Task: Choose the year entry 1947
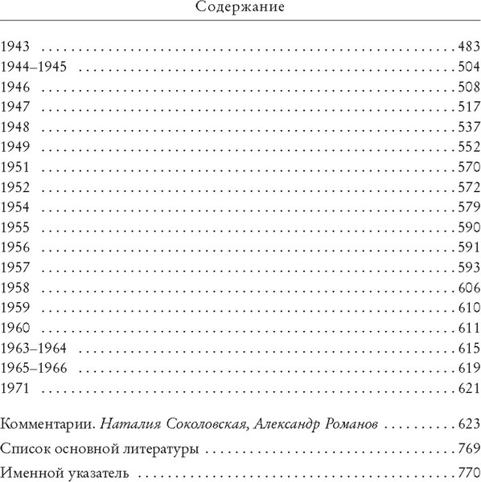click(15, 107)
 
